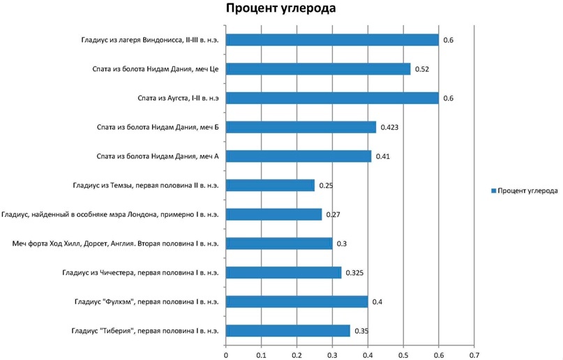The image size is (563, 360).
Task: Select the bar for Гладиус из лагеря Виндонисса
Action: (332, 40)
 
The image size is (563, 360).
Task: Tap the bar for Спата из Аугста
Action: (332, 98)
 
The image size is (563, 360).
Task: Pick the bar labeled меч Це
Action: (318, 69)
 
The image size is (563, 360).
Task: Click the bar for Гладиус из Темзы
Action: (270, 186)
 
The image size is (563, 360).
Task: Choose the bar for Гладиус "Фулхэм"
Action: (296, 301)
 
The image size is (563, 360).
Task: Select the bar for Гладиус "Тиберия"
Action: (288, 331)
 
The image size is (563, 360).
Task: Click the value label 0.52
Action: (421, 69)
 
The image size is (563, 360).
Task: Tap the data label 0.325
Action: (356, 273)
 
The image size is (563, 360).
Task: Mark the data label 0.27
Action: (333, 215)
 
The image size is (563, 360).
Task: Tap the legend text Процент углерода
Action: (528, 190)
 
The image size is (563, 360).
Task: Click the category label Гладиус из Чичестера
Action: (140, 273)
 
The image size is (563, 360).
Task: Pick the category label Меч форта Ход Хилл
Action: (116, 243)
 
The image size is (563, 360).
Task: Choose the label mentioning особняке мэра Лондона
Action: (111, 215)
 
